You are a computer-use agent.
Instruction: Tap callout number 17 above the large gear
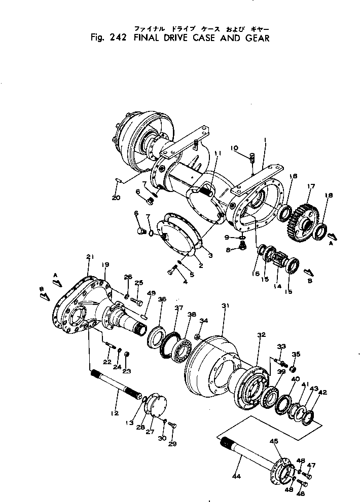tap(311, 186)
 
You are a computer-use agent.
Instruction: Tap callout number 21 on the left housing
tap(90, 258)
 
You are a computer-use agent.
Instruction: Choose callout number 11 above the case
tap(217, 153)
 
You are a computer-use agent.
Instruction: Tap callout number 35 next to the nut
tap(297, 354)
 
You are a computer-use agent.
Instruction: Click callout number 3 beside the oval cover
tap(209, 256)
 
